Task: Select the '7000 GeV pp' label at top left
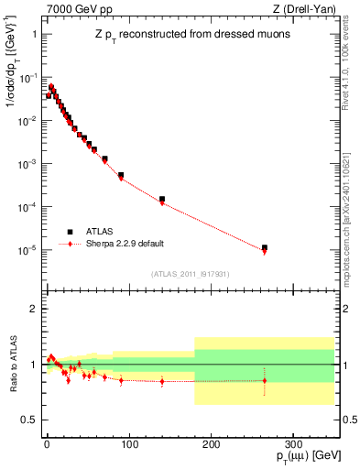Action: (x=74, y=8)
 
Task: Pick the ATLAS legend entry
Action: (x=101, y=232)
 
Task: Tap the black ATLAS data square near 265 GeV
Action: (x=265, y=247)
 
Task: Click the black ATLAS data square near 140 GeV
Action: (x=162, y=199)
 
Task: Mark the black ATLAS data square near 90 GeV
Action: (x=121, y=175)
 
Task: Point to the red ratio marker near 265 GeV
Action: (x=265, y=380)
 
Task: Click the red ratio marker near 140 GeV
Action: (x=162, y=381)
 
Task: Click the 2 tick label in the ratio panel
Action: (x=32, y=309)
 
